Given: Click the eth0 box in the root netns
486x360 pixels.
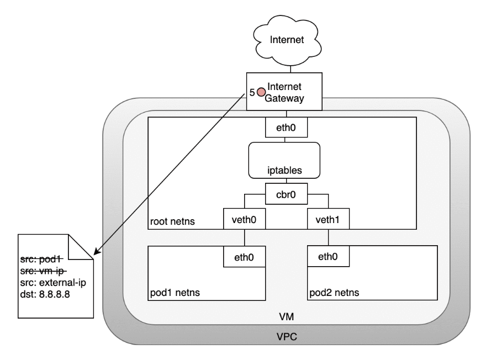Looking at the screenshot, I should pos(284,129).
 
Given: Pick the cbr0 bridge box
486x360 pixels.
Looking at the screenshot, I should pos(284,194).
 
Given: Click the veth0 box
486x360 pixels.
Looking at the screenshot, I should pos(244,219).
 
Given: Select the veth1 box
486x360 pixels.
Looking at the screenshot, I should pos(328,219).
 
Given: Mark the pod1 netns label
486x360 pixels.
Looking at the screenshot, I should pos(175,292).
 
